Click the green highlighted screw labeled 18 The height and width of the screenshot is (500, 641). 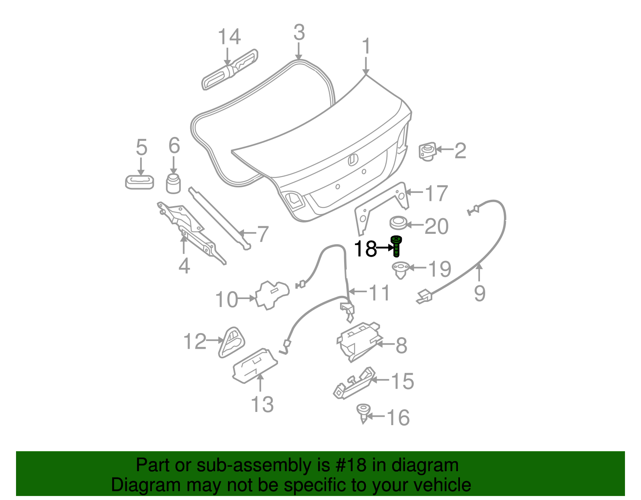tap(396, 245)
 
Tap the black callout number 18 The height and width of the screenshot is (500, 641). tap(365, 249)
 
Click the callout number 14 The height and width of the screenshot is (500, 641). tap(229, 37)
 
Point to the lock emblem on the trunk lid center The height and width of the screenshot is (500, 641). tap(352, 160)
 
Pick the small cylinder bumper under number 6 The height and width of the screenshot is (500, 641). tap(173, 183)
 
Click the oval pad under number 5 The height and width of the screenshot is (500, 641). tap(139, 182)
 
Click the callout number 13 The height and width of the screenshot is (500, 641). tap(262, 404)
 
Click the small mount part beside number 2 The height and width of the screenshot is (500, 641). tap(427, 151)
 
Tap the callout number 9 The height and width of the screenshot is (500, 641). tap(480, 293)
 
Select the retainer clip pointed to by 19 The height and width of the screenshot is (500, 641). tap(400, 269)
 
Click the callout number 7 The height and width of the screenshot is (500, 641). tap(262, 234)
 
